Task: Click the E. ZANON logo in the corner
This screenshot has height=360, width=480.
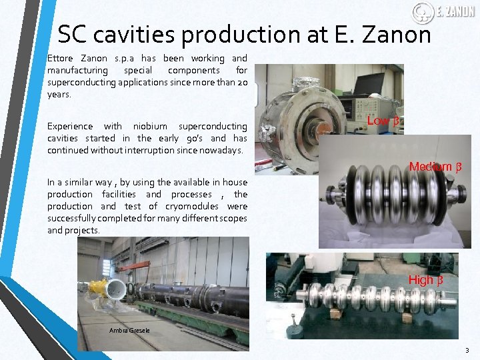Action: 434,12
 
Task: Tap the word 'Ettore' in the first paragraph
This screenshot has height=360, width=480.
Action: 59,59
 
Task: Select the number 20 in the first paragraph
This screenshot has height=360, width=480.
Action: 241,83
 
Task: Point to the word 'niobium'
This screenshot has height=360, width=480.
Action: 150,126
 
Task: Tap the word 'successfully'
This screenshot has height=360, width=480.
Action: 73,218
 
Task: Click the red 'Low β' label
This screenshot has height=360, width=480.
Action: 383,121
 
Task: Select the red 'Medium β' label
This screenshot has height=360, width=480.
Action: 435,167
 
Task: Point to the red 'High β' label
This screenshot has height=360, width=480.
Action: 425,280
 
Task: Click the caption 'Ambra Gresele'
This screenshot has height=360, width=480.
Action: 131,331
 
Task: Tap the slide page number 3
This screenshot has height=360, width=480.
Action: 467,350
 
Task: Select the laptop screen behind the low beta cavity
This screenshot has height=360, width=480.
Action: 368,85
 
